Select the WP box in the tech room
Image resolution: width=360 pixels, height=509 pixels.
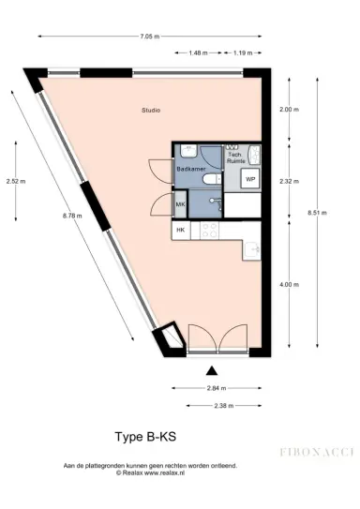point(250,178)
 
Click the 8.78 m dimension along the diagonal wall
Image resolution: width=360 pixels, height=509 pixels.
point(72,216)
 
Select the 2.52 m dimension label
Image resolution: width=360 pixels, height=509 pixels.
point(16,181)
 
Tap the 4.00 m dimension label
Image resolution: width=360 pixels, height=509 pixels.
point(289,284)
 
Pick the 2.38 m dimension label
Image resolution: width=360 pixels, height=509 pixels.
point(222,406)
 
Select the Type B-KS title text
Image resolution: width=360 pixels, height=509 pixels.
point(148,437)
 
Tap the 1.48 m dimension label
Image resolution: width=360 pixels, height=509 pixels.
point(198,53)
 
